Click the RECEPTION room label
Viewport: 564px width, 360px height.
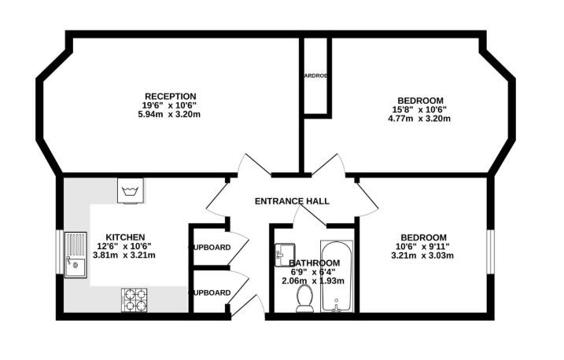point(170,97)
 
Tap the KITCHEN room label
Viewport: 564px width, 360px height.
point(126,236)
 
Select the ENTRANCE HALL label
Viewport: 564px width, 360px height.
point(292,201)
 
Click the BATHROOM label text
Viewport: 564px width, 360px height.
point(314,263)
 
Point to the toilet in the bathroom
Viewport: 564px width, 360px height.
point(305,299)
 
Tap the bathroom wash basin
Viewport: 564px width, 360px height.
point(284,253)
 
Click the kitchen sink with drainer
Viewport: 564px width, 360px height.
point(77,255)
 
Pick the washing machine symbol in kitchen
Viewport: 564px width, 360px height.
point(129,191)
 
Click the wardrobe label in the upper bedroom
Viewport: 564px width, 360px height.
point(316,77)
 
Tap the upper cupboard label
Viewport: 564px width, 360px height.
point(211,248)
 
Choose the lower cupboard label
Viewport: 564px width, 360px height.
point(211,292)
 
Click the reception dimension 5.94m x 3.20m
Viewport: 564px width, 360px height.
point(169,115)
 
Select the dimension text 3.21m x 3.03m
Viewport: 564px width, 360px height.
point(423,255)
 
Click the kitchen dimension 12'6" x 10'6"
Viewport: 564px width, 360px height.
point(126,245)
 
